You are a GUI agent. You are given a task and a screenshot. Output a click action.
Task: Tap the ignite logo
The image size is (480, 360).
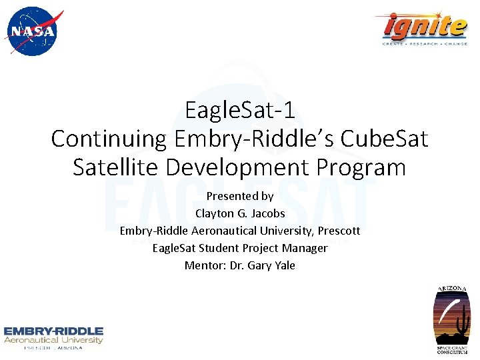pyautogui.click(x=425, y=27)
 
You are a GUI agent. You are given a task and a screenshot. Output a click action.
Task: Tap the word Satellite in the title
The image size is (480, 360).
pyautogui.click(x=117, y=167)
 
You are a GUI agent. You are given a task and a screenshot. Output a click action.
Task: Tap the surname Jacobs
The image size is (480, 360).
pyautogui.click(x=267, y=213)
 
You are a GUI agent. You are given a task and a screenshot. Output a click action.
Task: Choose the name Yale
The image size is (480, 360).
pyautogui.click(x=283, y=265)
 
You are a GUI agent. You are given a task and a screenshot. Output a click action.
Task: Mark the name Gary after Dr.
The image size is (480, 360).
pyautogui.click(x=259, y=265)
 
